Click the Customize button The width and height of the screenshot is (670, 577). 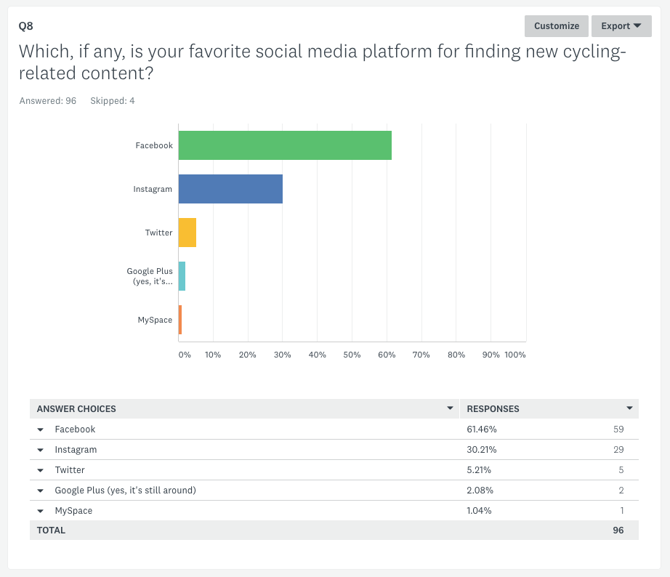556,26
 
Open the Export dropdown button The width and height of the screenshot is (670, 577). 621,26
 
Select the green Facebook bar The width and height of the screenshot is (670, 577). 285,145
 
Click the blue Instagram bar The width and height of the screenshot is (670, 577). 230,189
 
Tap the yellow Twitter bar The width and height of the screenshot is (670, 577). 187,233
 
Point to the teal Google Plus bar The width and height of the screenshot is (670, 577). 182,276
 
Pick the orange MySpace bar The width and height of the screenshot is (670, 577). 180,320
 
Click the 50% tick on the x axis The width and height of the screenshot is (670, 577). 352,355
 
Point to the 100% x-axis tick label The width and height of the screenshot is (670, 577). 514,355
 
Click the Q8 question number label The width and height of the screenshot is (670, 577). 26,26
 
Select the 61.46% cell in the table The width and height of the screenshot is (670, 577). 482,429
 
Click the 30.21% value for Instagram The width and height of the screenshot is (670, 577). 482,450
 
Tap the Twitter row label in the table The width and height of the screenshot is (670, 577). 70,470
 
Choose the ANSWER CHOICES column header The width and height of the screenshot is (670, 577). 76,409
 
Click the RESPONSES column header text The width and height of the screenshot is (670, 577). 493,409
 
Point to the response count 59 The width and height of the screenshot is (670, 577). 618,429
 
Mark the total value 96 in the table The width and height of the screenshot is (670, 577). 618,530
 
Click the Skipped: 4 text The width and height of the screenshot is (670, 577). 112,101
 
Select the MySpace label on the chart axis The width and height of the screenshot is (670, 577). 155,320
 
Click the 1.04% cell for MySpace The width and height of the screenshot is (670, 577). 480,511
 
